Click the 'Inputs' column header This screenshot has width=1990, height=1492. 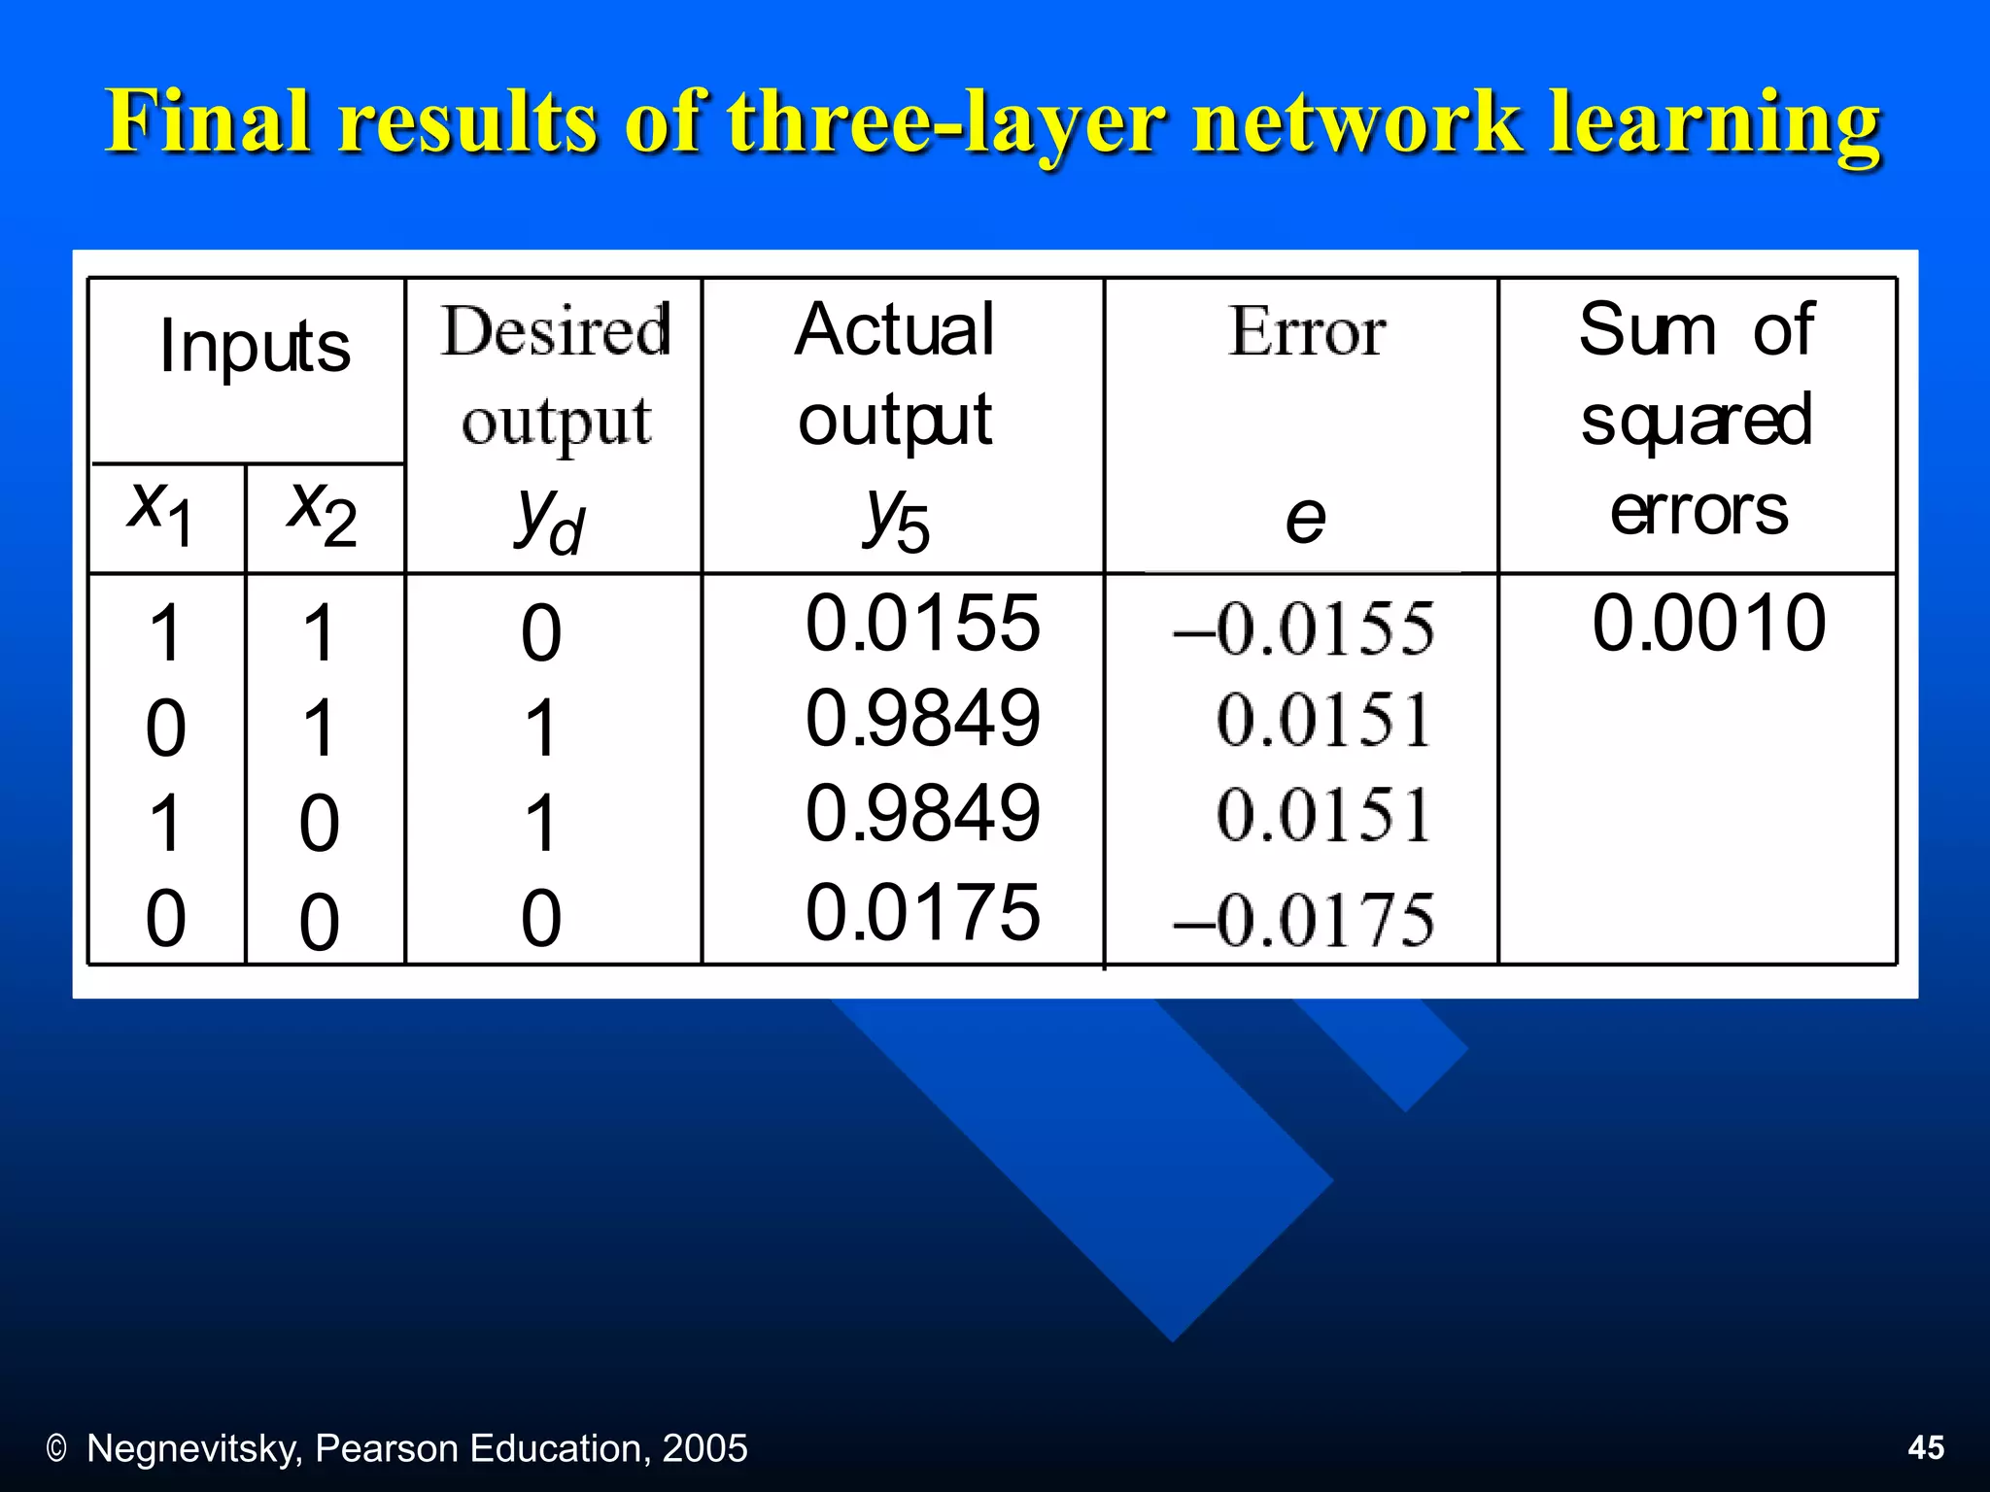tap(255, 346)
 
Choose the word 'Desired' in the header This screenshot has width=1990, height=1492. tap(556, 330)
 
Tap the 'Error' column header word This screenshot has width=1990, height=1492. tap(1306, 332)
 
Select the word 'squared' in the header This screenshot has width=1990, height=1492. tap(1697, 420)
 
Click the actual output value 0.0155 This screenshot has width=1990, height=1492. tap(922, 623)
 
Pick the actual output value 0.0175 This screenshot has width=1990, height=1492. tap(922, 912)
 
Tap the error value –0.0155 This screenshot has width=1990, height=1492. tap(1303, 628)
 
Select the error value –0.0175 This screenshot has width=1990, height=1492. tap(1303, 919)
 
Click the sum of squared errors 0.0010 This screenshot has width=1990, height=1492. tap(1708, 623)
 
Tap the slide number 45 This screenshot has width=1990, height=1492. tap(1926, 1447)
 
